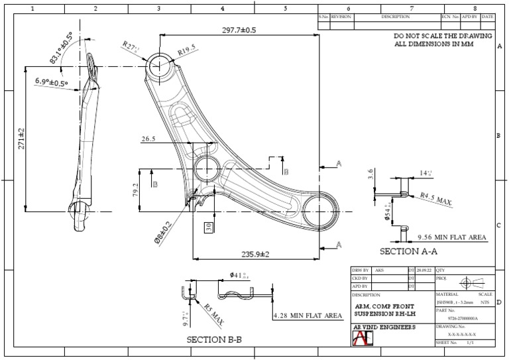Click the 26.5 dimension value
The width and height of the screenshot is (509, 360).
(x=149, y=140)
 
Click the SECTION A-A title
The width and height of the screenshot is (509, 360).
(x=408, y=252)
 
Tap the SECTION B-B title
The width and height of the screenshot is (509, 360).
(x=214, y=340)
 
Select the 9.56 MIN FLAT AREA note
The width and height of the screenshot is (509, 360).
(x=451, y=237)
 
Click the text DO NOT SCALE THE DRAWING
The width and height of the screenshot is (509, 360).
(x=443, y=36)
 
